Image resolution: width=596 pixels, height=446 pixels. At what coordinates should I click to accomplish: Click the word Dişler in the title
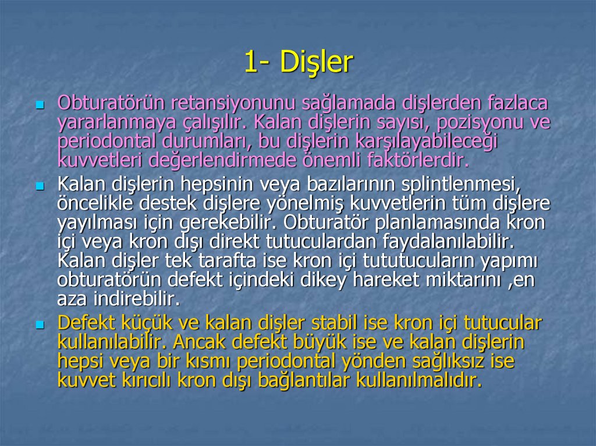click(317, 63)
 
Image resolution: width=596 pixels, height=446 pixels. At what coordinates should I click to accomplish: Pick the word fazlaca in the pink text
click(515, 103)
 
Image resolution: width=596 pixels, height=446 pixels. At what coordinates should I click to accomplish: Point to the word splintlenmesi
click(460, 184)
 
